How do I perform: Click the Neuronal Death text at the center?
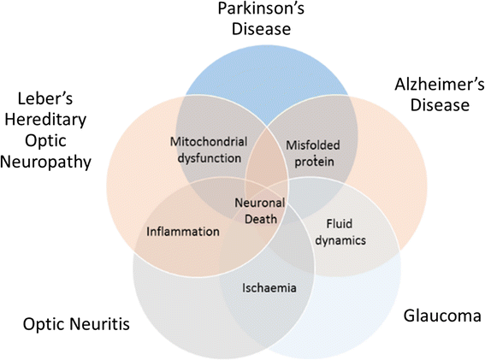pos(260,210)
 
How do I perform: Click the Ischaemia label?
pos(268,287)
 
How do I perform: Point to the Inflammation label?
pos(183,231)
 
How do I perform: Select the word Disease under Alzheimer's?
pos(432,105)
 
